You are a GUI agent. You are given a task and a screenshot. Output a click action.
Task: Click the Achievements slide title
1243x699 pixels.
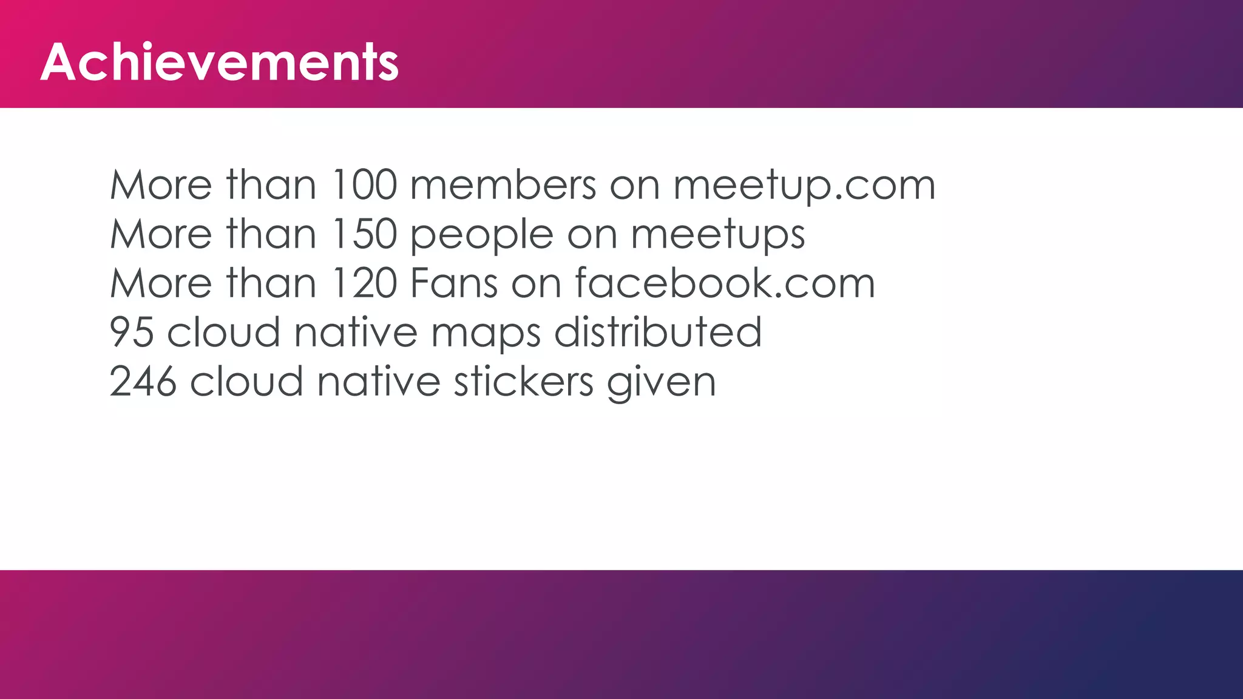point(220,62)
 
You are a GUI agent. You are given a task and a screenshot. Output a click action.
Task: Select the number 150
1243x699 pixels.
point(364,234)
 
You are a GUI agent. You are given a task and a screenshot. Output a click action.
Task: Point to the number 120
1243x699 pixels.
point(364,283)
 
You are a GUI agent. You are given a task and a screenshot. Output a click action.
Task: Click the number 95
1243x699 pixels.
point(131,333)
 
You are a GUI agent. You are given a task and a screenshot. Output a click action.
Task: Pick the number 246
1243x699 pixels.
point(143,382)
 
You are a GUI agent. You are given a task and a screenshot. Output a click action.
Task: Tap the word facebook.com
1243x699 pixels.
point(725,283)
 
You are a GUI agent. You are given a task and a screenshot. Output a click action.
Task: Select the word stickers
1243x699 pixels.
point(524,382)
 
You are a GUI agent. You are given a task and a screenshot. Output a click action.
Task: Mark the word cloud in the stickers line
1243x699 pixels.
point(246,382)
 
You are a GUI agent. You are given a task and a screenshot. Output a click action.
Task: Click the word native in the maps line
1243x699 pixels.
point(356,333)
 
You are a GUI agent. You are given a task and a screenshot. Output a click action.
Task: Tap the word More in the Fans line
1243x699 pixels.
point(161,283)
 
